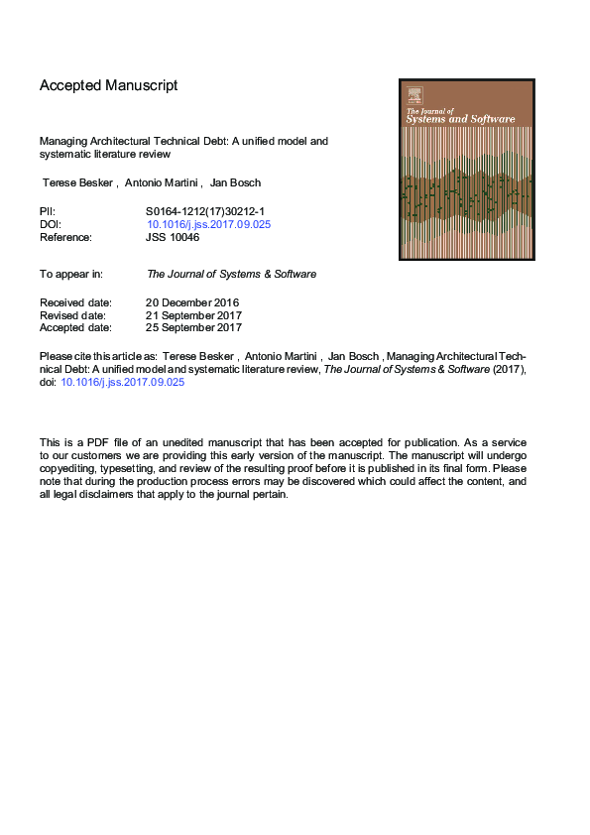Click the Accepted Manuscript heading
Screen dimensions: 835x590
pos(108,85)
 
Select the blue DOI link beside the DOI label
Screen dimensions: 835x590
pos(208,224)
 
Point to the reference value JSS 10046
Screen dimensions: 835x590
pos(173,237)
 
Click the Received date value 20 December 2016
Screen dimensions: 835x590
pos(192,302)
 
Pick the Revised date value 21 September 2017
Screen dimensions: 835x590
pos(193,315)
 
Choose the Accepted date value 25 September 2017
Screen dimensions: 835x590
pos(193,327)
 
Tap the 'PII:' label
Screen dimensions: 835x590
pos(48,211)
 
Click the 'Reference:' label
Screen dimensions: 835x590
pos(65,237)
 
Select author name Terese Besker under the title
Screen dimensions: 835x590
pos(76,184)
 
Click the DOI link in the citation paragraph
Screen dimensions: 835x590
pos(123,381)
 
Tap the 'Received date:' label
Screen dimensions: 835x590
pos(75,302)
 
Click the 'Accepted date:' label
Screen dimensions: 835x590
pos(75,327)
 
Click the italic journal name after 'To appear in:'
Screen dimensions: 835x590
pos(231,274)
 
